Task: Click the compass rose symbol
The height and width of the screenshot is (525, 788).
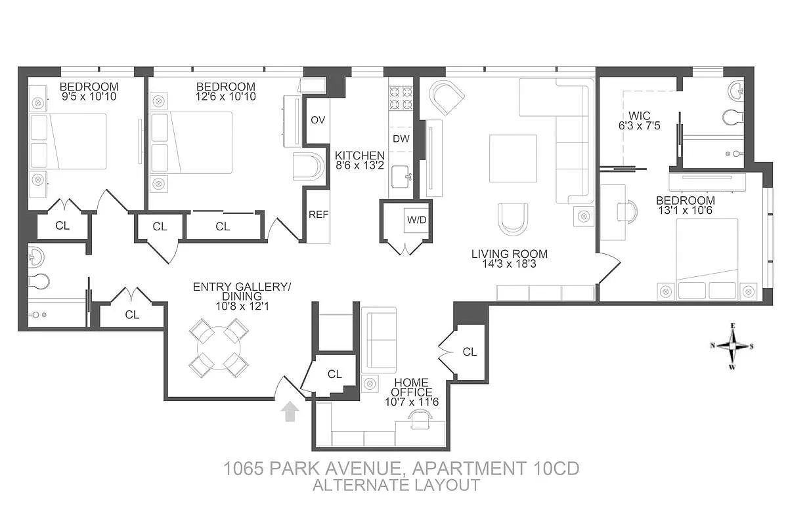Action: (x=733, y=346)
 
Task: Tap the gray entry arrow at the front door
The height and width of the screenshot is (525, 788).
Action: (x=290, y=412)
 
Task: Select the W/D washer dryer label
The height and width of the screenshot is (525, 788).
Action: (x=417, y=219)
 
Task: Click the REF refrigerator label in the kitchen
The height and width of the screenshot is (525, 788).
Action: (x=318, y=215)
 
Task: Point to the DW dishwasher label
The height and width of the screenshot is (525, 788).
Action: (x=401, y=138)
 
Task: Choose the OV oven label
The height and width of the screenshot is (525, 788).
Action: (x=318, y=120)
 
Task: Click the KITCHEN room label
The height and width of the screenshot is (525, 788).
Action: (x=359, y=156)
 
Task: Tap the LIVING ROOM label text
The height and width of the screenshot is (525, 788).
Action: (x=509, y=254)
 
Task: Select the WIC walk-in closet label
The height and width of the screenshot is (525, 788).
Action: (x=638, y=116)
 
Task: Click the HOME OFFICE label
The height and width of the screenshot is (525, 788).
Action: (x=412, y=387)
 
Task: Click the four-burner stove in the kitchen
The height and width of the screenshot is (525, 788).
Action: (x=401, y=98)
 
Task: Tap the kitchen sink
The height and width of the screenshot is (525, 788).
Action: (x=401, y=175)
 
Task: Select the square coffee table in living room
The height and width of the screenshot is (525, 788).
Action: (x=513, y=158)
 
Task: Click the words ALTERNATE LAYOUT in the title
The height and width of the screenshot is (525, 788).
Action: (x=396, y=486)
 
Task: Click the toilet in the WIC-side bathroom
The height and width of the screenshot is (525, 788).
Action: (x=732, y=117)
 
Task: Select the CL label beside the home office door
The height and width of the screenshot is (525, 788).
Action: (x=470, y=352)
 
